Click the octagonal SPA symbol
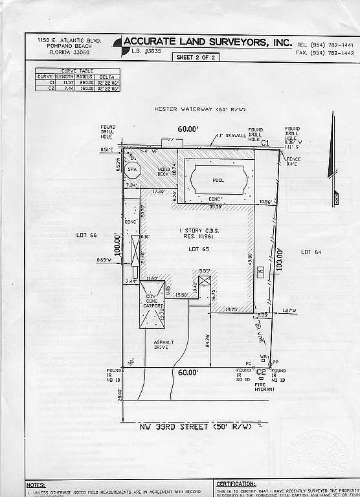[x=133, y=170]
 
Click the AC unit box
[x=260, y=272]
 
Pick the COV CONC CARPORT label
[x=152, y=302]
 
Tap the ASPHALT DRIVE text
[x=161, y=345]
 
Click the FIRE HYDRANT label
[x=264, y=386]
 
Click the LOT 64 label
[x=311, y=251]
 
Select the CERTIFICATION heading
[x=236, y=483]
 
